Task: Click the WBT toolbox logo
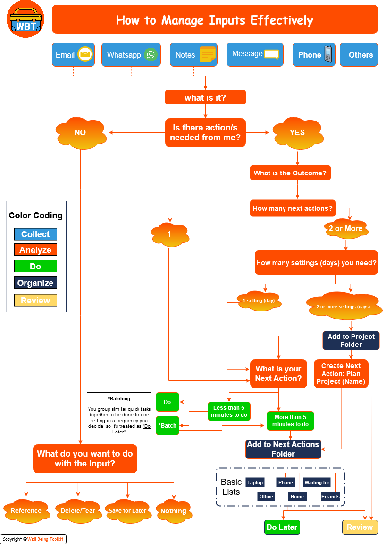(25, 19)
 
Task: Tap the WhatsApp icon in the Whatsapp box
(151, 55)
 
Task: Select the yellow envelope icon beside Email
(85, 55)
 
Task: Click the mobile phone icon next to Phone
(329, 54)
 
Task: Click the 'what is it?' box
(205, 98)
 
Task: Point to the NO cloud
(80, 133)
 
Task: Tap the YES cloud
(297, 133)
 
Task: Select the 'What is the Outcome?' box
(290, 173)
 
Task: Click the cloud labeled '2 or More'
(345, 229)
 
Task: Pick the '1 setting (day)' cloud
(258, 301)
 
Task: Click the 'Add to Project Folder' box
(351, 341)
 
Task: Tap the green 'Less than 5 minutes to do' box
(229, 411)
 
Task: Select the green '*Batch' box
(168, 426)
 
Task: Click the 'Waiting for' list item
(317, 483)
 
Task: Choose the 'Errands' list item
(330, 497)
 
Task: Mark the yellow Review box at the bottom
(360, 527)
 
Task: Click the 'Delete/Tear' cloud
(78, 511)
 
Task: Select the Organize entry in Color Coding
(35, 283)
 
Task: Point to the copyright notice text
(33, 539)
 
